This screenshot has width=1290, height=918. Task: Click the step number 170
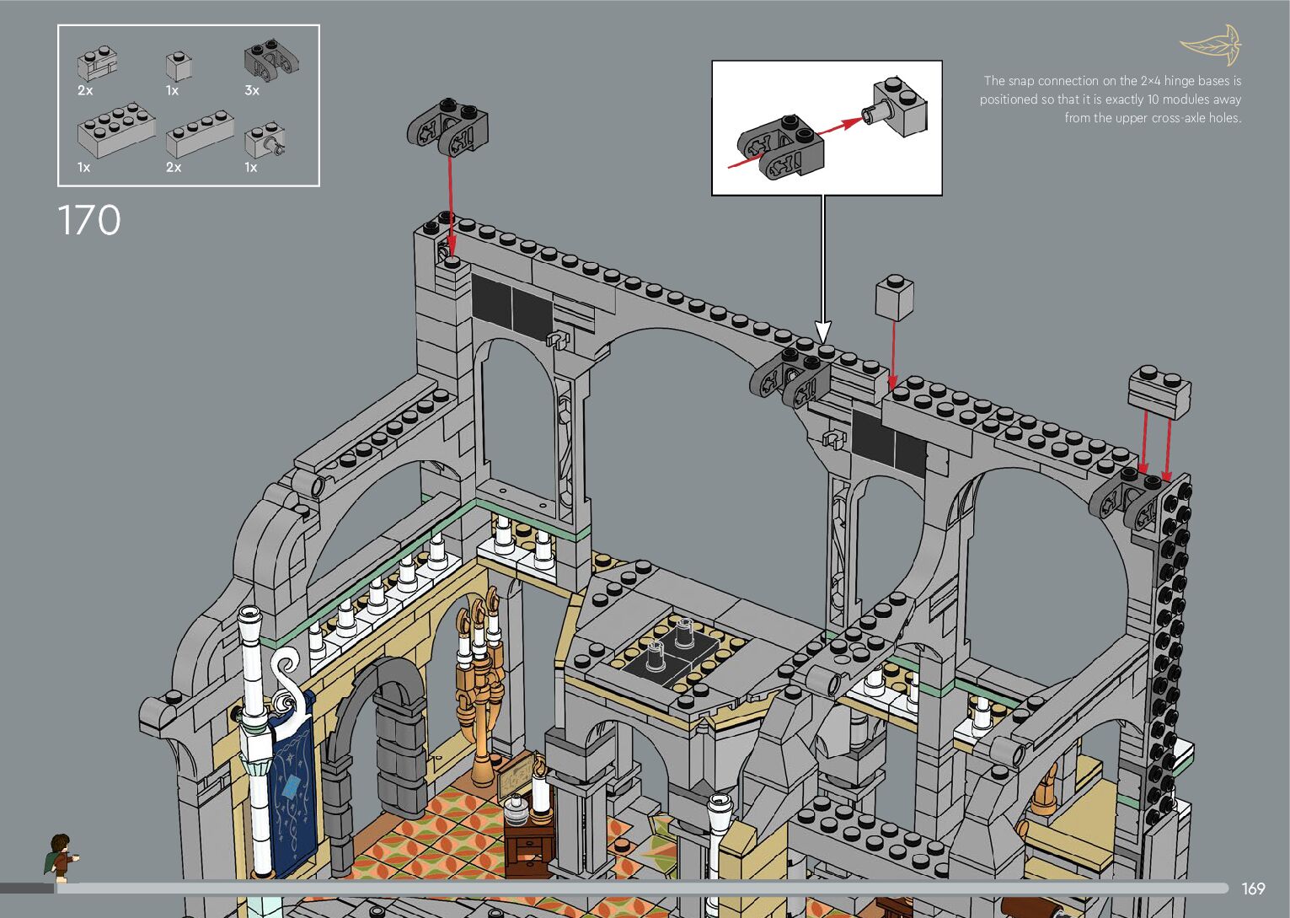(x=89, y=219)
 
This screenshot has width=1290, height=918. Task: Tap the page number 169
(x=1253, y=888)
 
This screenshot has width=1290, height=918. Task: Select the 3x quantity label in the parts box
(x=252, y=90)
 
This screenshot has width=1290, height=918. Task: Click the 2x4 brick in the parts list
(x=116, y=130)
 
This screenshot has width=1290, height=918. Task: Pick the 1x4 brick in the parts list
(x=200, y=134)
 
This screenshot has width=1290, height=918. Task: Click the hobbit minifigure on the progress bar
(x=61, y=858)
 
